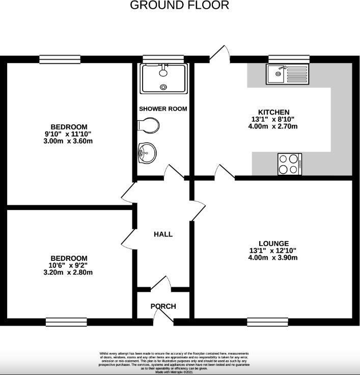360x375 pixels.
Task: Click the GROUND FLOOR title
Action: click(180, 6)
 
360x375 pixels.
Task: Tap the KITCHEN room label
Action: click(273, 112)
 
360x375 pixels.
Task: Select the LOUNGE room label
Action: click(273, 244)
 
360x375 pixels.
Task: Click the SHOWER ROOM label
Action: click(163, 109)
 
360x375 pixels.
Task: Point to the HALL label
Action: click(163, 234)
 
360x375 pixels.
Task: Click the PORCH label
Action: click(163, 306)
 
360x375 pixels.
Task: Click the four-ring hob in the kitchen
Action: click(290, 164)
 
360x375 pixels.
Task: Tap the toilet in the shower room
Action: click(149, 125)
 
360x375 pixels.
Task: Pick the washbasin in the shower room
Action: click(147, 151)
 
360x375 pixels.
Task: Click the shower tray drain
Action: click(163, 87)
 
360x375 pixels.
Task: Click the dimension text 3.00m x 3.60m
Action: click(69, 141)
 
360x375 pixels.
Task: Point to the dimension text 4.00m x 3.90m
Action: click(273, 258)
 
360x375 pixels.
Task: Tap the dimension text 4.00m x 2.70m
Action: click(273, 126)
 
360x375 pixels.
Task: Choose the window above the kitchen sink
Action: click(282, 59)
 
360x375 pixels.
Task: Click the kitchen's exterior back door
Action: click(219, 54)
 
